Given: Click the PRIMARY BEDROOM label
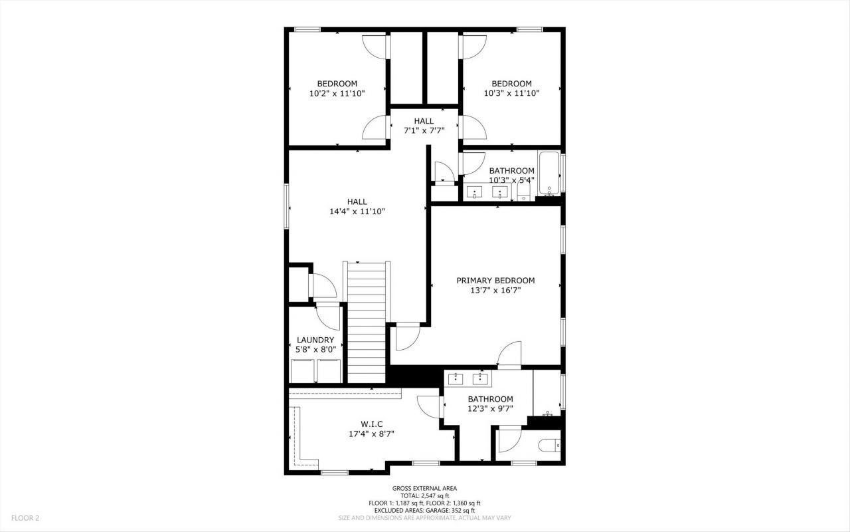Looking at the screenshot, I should coord(495,281).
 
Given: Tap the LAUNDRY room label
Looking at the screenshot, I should coord(315,340).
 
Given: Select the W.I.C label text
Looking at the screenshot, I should coord(372,424).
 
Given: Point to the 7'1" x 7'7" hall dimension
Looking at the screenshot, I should coord(424,131).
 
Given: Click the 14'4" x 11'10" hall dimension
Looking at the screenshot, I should coord(357,211).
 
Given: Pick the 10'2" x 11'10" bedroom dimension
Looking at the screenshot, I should coord(337,94).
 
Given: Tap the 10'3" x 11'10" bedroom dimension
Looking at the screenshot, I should coord(511,94).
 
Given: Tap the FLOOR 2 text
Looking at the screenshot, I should coord(25,517).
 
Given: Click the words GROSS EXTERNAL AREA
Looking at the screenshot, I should coord(424,488).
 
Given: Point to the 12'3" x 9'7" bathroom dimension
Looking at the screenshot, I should coord(490,409).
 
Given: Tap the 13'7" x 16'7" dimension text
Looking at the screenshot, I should coord(495,290).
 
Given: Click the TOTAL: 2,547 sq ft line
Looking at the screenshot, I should coord(424,495).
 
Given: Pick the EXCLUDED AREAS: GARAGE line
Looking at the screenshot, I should coord(424,510).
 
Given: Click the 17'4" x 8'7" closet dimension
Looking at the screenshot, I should coord(372,434).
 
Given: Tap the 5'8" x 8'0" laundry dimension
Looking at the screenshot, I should coord(315,349).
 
